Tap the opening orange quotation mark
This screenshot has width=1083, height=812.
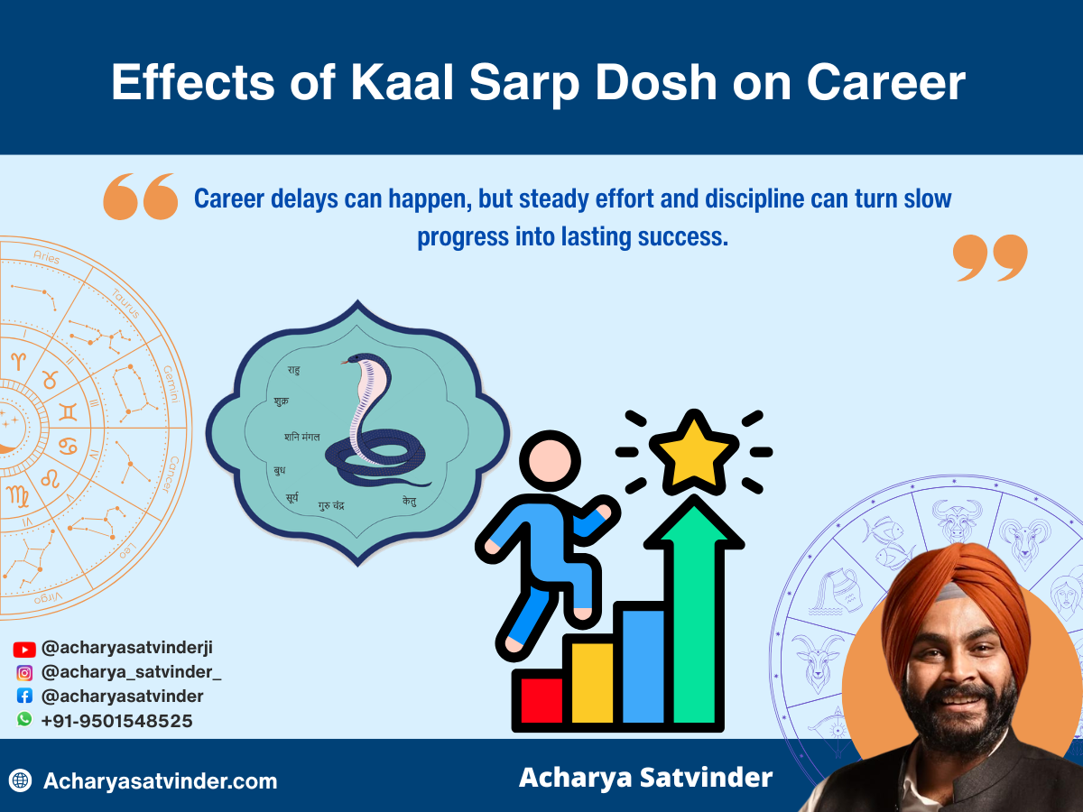pyautogui.click(x=140, y=197)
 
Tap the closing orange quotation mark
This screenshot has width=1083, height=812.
pyautogui.click(x=990, y=257)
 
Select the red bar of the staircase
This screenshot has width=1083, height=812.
pyautogui.click(x=539, y=700)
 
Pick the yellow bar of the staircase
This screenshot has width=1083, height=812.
pyautogui.click(x=592, y=681)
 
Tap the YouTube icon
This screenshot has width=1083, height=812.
pyautogui.click(x=24, y=649)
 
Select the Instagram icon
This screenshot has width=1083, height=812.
pyautogui.click(x=24, y=672)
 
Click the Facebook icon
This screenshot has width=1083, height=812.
pyautogui.click(x=24, y=697)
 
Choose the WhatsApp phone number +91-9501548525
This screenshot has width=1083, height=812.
pyautogui.click(x=116, y=721)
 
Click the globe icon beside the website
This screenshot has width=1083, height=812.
pyautogui.click(x=21, y=780)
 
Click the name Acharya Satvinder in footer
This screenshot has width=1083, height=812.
pyautogui.click(x=645, y=777)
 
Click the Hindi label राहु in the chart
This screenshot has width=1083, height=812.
pyautogui.click(x=293, y=370)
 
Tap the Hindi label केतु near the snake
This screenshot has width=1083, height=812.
pyautogui.click(x=410, y=501)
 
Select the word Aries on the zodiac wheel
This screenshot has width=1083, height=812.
pyautogui.click(x=47, y=259)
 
